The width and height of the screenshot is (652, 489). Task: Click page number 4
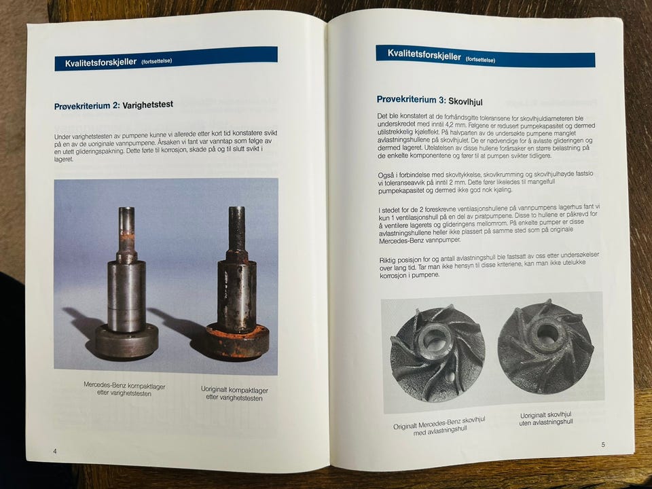click(55, 451)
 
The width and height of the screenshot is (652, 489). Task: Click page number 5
click(603, 444)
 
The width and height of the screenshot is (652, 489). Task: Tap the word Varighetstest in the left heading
click(147, 105)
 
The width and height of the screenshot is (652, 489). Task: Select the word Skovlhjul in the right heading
click(465, 101)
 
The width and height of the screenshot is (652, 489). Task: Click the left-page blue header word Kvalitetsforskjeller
click(101, 62)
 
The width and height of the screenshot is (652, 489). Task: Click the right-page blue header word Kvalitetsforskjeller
click(424, 55)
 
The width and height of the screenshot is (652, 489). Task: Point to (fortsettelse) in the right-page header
click(480, 60)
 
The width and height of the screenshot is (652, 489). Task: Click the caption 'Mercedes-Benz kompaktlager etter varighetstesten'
click(124, 389)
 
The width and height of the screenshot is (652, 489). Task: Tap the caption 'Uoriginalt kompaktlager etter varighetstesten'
click(234, 393)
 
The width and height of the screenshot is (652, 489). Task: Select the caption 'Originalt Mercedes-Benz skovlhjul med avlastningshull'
click(439, 427)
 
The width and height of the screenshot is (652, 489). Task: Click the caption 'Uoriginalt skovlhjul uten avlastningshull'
click(546, 418)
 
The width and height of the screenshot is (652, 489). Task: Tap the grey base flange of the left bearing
click(126, 341)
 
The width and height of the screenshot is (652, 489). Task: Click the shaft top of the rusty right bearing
click(236, 209)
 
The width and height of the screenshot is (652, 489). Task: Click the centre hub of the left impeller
click(435, 340)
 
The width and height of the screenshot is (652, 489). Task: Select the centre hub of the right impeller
click(546, 333)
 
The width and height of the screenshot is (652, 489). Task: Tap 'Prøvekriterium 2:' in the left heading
click(88, 106)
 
